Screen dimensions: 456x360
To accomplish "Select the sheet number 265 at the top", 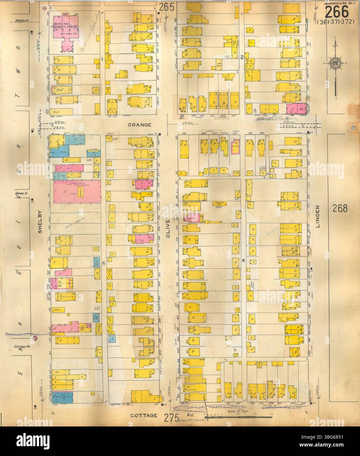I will click(x=167, y=6).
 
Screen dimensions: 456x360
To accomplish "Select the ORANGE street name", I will click(x=139, y=125).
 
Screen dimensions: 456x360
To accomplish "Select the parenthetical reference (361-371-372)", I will click(x=337, y=22).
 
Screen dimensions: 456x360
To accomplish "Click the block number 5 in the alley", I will click(x=103, y=263).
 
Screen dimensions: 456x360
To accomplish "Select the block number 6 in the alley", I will click(x=243, y=260).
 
